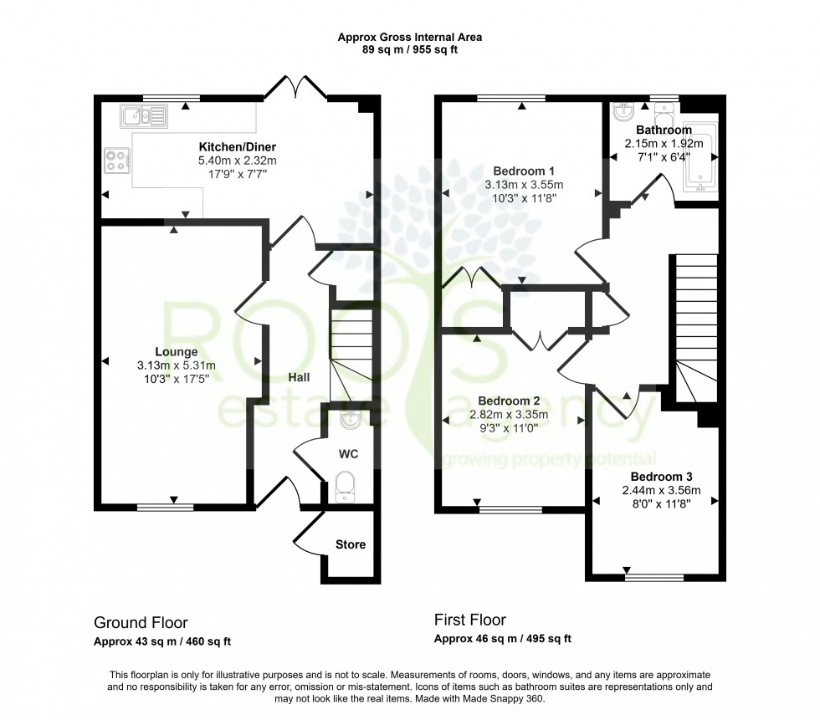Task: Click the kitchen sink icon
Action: pyautogui.click(x=144, y=115)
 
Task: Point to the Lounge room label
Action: pyautogui.click(x=176, y=352)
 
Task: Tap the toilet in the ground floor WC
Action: pyautogui.click(x=345, y=486)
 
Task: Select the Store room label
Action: pyautogui.click(x=351, y=544)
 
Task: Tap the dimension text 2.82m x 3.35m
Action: pyautogui.click(x=513, y=414)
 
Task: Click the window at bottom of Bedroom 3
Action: pyautogui.click(x=653, y=575)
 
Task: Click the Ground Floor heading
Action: pyautogui.click(x=141, y=623)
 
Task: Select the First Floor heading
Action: pyautogui.click(x=469, y=620)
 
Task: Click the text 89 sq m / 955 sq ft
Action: pyautogui.click(x=409, y=49)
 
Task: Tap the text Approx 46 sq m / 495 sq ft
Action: pyautogui.click(x=502, y=640)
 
